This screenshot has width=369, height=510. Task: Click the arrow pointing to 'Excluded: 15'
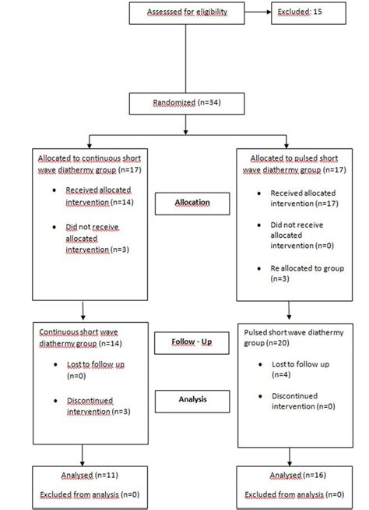(255, 14)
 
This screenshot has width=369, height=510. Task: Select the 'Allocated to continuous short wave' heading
(86, 161)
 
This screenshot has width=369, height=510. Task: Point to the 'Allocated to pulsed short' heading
(291, 161)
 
